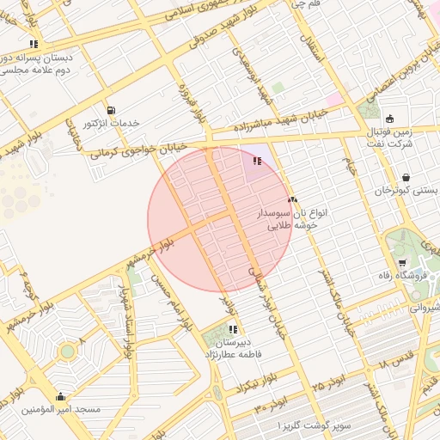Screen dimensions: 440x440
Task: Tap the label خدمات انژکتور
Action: [x=112, y=125]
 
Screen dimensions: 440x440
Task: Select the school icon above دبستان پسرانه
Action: [x=34, y=44]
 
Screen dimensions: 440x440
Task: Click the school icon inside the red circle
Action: [x=255, y=161]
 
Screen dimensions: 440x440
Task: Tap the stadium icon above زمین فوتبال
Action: [x=389, y=119]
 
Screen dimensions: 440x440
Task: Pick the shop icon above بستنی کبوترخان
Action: [x=405, y=178]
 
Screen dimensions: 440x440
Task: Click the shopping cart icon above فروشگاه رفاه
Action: [x=401, y=263]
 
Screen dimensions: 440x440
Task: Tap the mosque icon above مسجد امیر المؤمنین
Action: [x=60, y=397]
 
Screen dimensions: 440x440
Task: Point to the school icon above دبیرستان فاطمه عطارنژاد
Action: [x=233, y=329]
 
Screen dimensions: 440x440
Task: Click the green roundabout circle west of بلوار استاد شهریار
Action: [x=67, y=351]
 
